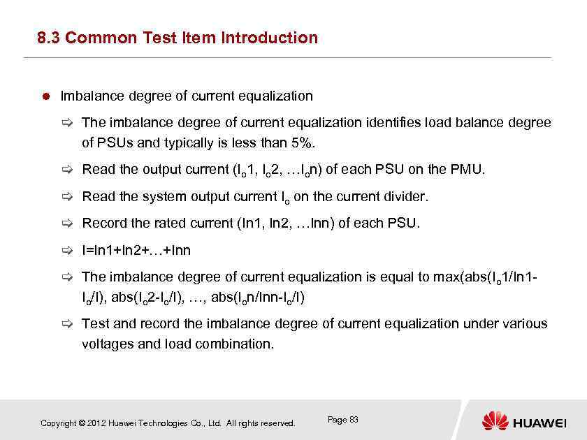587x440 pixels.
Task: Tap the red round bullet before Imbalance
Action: tap(44, 96)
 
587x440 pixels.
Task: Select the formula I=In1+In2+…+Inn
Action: tap(136, 250)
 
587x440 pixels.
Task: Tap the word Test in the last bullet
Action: tap(94, 324)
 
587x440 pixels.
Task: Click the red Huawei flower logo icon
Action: tap(495, 421)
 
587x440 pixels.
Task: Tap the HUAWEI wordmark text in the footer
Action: tap(539, 423)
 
